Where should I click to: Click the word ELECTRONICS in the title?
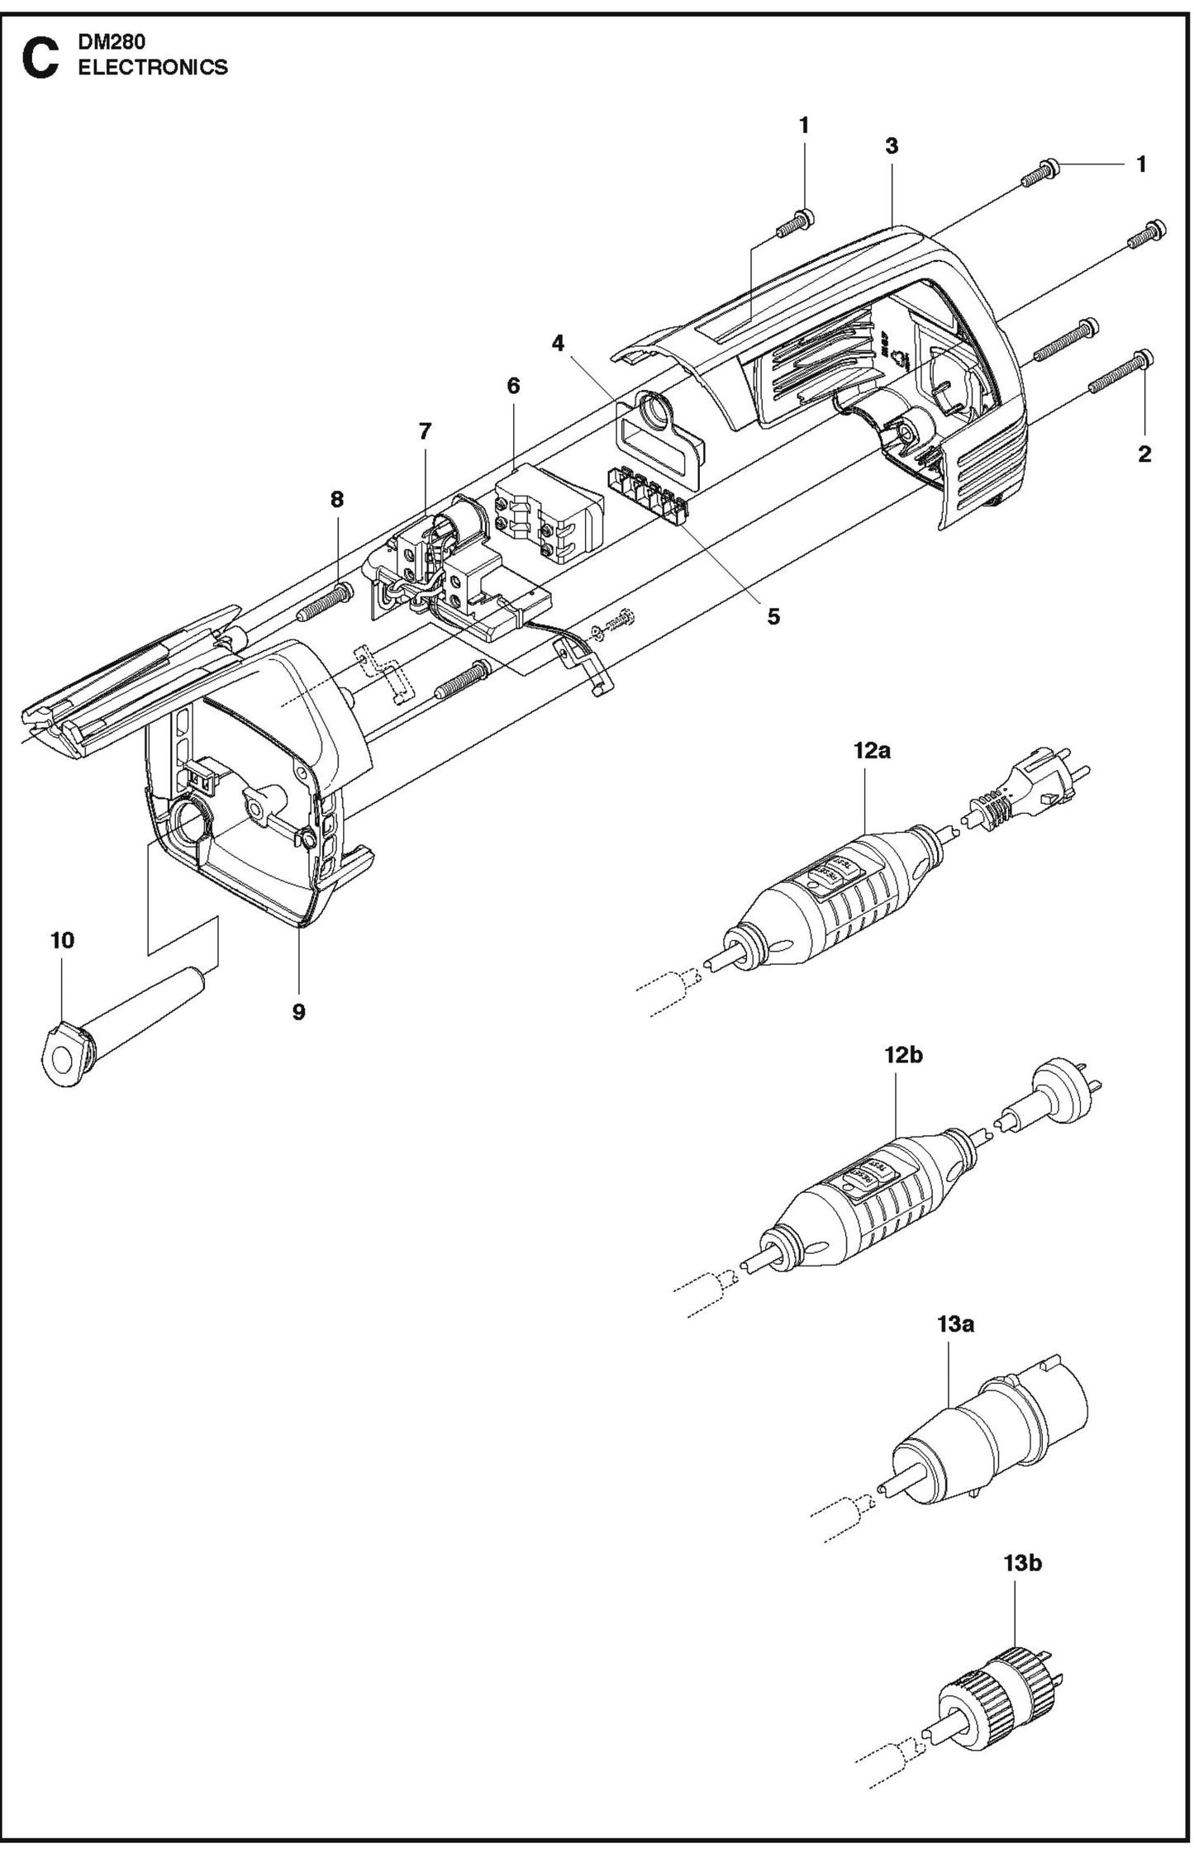point(152,68)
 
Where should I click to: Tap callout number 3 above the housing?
point(891,146)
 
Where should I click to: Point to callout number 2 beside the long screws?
point(1144,454)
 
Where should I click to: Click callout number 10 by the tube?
point(62,940)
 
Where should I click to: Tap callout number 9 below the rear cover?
point(298,1011)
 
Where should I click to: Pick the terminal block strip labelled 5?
point(648,494)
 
